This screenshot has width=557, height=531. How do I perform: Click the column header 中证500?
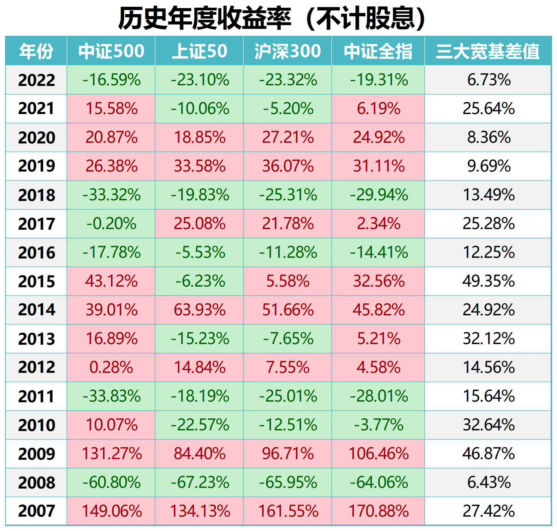coord(111,51)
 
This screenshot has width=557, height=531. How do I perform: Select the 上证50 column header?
coord(199,51)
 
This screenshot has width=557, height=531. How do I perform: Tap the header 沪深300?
coord(288,51)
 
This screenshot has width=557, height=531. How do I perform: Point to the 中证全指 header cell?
coord(378,51)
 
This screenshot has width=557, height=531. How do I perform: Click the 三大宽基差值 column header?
coord(488,51)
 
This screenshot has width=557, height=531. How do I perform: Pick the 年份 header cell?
coord(36,51)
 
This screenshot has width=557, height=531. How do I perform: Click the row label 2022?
coord(36,80)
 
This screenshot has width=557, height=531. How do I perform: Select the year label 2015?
coord(36,281)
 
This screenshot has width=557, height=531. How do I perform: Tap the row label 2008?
coord(36,483)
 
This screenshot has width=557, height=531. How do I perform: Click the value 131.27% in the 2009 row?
coord(111,454)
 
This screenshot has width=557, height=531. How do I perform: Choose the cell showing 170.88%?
coord(378,511)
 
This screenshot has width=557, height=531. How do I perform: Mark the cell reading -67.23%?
coord(200,483)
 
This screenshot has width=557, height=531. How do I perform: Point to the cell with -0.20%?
coord(111,224)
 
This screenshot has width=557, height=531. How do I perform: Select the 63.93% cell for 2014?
coord(200,310)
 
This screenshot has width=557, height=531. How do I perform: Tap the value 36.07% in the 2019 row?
coord(288,166)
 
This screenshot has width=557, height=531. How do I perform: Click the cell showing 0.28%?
coord(111,367)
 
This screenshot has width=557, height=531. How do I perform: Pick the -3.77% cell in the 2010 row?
coord(378,425)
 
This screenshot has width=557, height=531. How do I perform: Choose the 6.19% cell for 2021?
coord(378,109)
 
